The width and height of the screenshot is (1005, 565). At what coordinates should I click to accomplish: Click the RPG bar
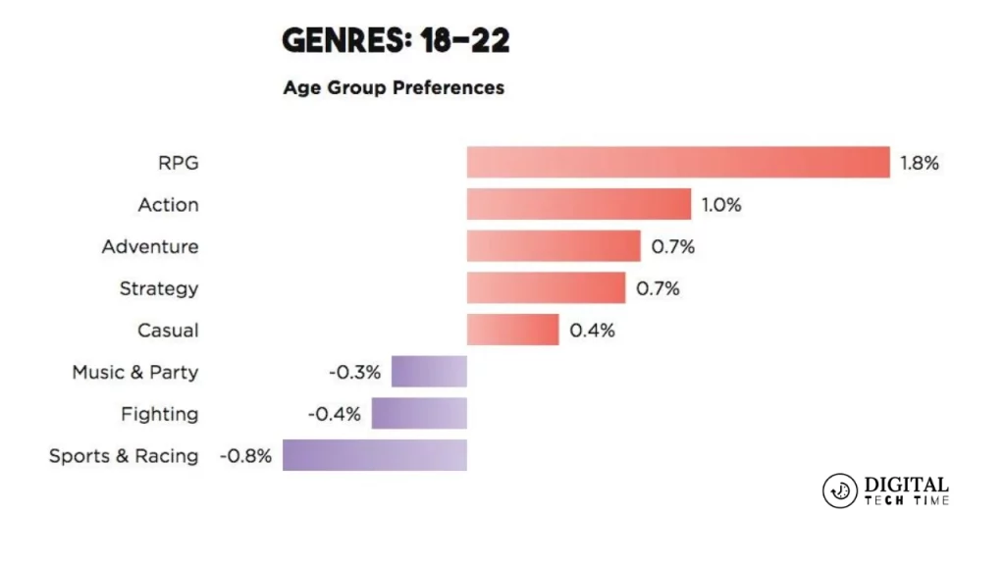tap(677, 163)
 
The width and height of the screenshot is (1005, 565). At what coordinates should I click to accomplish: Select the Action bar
tap(579, 205)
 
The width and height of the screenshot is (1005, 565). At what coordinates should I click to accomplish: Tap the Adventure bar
tap(554, 247)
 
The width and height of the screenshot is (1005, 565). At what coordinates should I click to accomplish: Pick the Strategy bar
tap(546, 288)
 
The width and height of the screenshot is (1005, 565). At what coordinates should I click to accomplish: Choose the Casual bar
tap(512, 331)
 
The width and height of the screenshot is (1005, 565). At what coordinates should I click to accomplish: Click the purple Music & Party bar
tap(429, 373)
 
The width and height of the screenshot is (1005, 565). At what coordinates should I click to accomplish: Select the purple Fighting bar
tap(419, 414)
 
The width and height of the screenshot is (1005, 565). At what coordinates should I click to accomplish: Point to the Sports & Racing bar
tap(375, 456)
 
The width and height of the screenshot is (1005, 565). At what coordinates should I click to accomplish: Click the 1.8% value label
tap(920, 163)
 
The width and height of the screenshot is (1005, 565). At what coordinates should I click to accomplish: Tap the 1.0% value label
tap(721, 205)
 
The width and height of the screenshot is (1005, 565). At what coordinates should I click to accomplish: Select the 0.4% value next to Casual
tap(593, 331)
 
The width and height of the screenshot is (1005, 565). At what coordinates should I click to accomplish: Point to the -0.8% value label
tap(245, 456)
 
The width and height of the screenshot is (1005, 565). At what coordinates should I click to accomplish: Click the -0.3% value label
tap(353, 373)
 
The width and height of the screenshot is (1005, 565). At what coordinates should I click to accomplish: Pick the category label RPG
tap(178, 163)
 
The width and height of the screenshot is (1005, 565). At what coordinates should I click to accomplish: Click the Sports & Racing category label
tap(124, 456)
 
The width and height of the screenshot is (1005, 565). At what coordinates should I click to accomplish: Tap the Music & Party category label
tap(134, 373)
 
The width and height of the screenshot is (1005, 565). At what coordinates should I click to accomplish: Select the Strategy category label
tap(159, 288)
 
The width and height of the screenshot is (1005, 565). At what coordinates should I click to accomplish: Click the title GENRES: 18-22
tap(396, 41)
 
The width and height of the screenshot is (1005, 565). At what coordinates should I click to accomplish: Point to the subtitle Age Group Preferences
tap(394, 87)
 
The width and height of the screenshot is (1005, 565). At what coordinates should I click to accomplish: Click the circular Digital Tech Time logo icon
tap(839, 490)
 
